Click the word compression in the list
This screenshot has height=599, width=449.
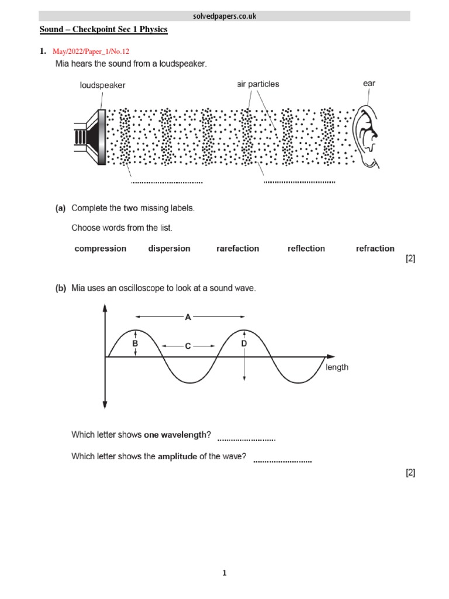(100, 249)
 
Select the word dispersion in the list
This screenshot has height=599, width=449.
(169, 249)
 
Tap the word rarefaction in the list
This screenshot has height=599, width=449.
(237, 249)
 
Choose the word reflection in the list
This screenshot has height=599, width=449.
(306, 249)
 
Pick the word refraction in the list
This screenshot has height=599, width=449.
(375, 249)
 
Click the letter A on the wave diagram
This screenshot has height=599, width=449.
(188, 318)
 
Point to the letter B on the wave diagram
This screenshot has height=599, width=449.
(135, 345)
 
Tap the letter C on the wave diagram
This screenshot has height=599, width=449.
(188, 346)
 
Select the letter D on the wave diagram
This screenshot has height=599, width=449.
(244, 345)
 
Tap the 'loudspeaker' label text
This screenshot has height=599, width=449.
(102, 85)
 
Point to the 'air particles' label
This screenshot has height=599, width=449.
(258, 84)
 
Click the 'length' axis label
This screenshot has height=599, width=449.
(337, 367)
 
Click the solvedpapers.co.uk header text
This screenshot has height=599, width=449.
(224, 16)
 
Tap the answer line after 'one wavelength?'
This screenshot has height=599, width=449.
(246, 439)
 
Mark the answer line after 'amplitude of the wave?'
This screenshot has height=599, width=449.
(282, 461)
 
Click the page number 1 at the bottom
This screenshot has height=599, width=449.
(224, 573)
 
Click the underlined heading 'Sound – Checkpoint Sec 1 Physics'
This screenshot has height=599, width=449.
(103, 29)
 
